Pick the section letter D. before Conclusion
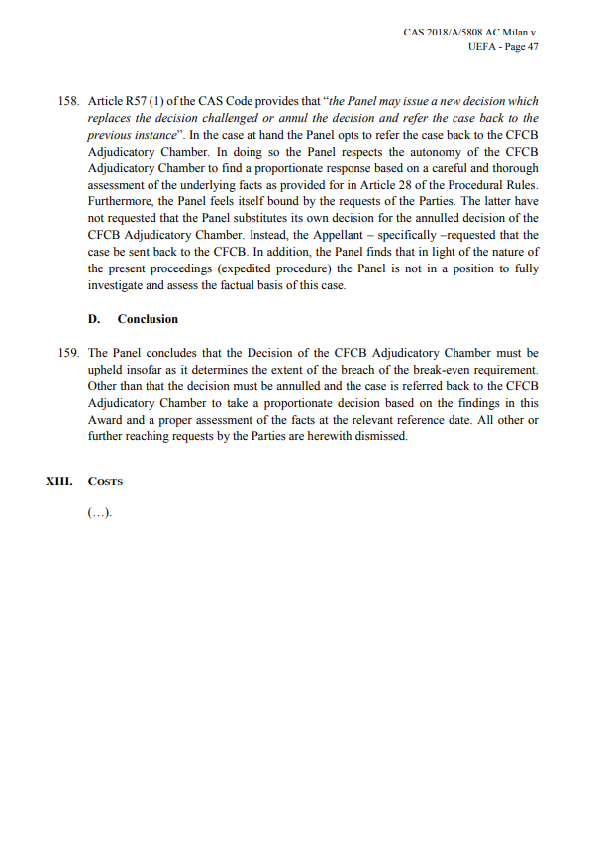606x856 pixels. coord(94,319)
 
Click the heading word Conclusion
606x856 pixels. coord(148,319)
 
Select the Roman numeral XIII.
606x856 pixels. coord(60,481)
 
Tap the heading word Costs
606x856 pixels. coord(105,481)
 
